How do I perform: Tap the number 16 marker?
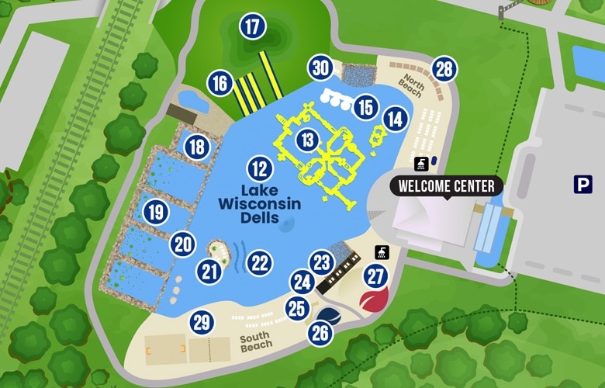click(220, 83)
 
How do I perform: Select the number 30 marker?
click(320, 68)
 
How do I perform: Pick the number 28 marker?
click(443, 70)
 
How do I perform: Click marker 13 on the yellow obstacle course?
click(309, 140)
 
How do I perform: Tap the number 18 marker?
click(196, 146)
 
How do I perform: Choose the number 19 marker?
click(156, 211)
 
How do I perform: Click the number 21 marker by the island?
click(209, 271)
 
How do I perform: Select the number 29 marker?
click(202, 322)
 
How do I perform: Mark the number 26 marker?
click(320, 334)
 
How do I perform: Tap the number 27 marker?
click(376, 275)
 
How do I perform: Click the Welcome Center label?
click(446, 186)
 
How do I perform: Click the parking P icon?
click(583, 184)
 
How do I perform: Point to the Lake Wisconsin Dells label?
click(259, 204)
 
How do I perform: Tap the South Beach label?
click(255, 342)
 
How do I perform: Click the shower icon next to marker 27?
click(382, 251)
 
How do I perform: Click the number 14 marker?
click(396, 119)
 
